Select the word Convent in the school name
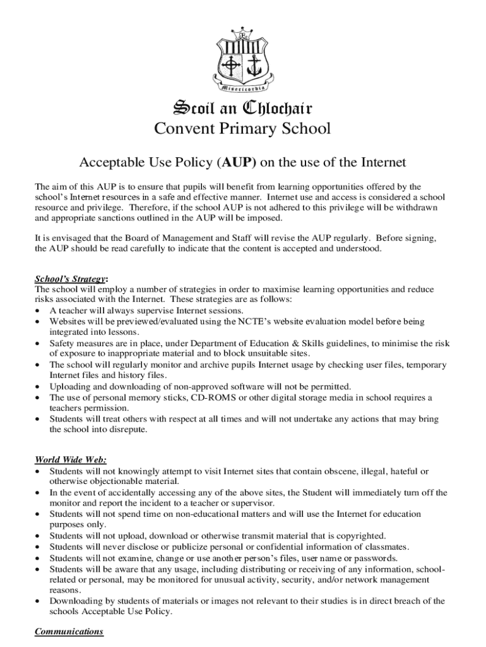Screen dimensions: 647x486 (183, 129)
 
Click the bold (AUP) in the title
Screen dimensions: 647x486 (237, 163)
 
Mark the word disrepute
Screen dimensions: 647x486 (126, 430)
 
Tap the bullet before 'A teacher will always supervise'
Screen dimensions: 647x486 (39, 311)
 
